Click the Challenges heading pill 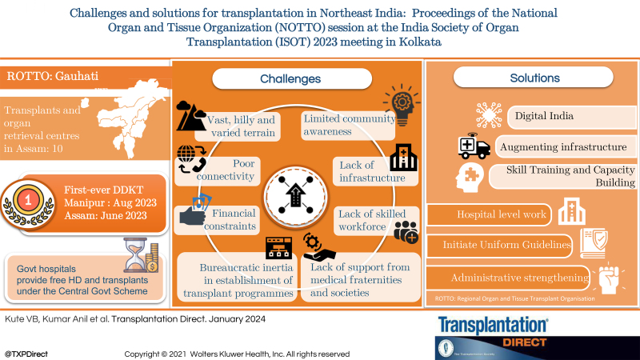[290, 79]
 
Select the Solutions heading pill [534, 78]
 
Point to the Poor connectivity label [238, 170]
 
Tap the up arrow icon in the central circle [290, 193]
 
